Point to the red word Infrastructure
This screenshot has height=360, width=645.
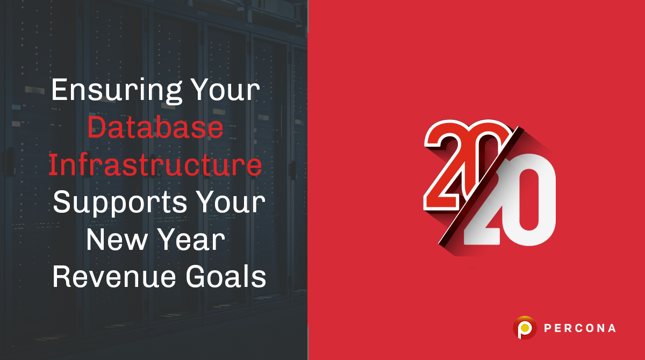click(155, 165)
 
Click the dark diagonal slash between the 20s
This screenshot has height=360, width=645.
click(473, 188)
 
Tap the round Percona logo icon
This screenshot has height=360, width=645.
click(525, 327)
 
